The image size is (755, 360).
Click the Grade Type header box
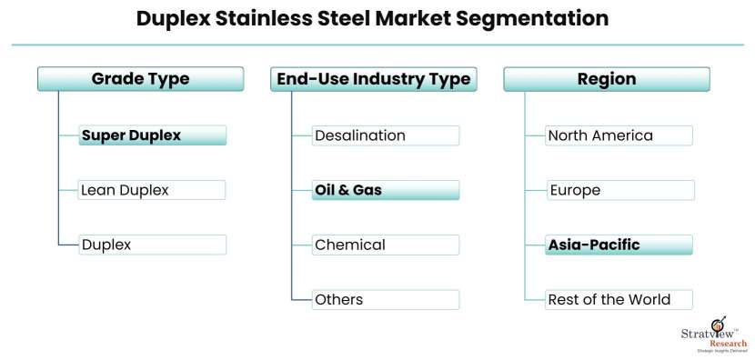(x=140, y=79)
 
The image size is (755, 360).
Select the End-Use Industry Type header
(x=373, y=79)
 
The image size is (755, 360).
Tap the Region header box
(x=606, y=79)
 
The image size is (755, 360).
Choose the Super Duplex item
(x=152, y=135)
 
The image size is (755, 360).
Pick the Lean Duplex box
(x=152, y=190)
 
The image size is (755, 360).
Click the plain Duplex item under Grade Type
(x=152, y=245)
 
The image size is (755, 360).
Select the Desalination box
(x=385, y=135)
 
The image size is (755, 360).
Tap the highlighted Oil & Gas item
(x=385, y=190)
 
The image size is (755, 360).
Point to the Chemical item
(x=385, y=245)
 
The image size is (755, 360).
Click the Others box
(x=385, y=299)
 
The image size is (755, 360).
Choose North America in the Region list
(x=619, y=135)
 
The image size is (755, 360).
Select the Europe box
(x=620, y=190)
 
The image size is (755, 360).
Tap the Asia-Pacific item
(x=619, y=245)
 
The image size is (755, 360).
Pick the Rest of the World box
(x=619, y=299)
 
